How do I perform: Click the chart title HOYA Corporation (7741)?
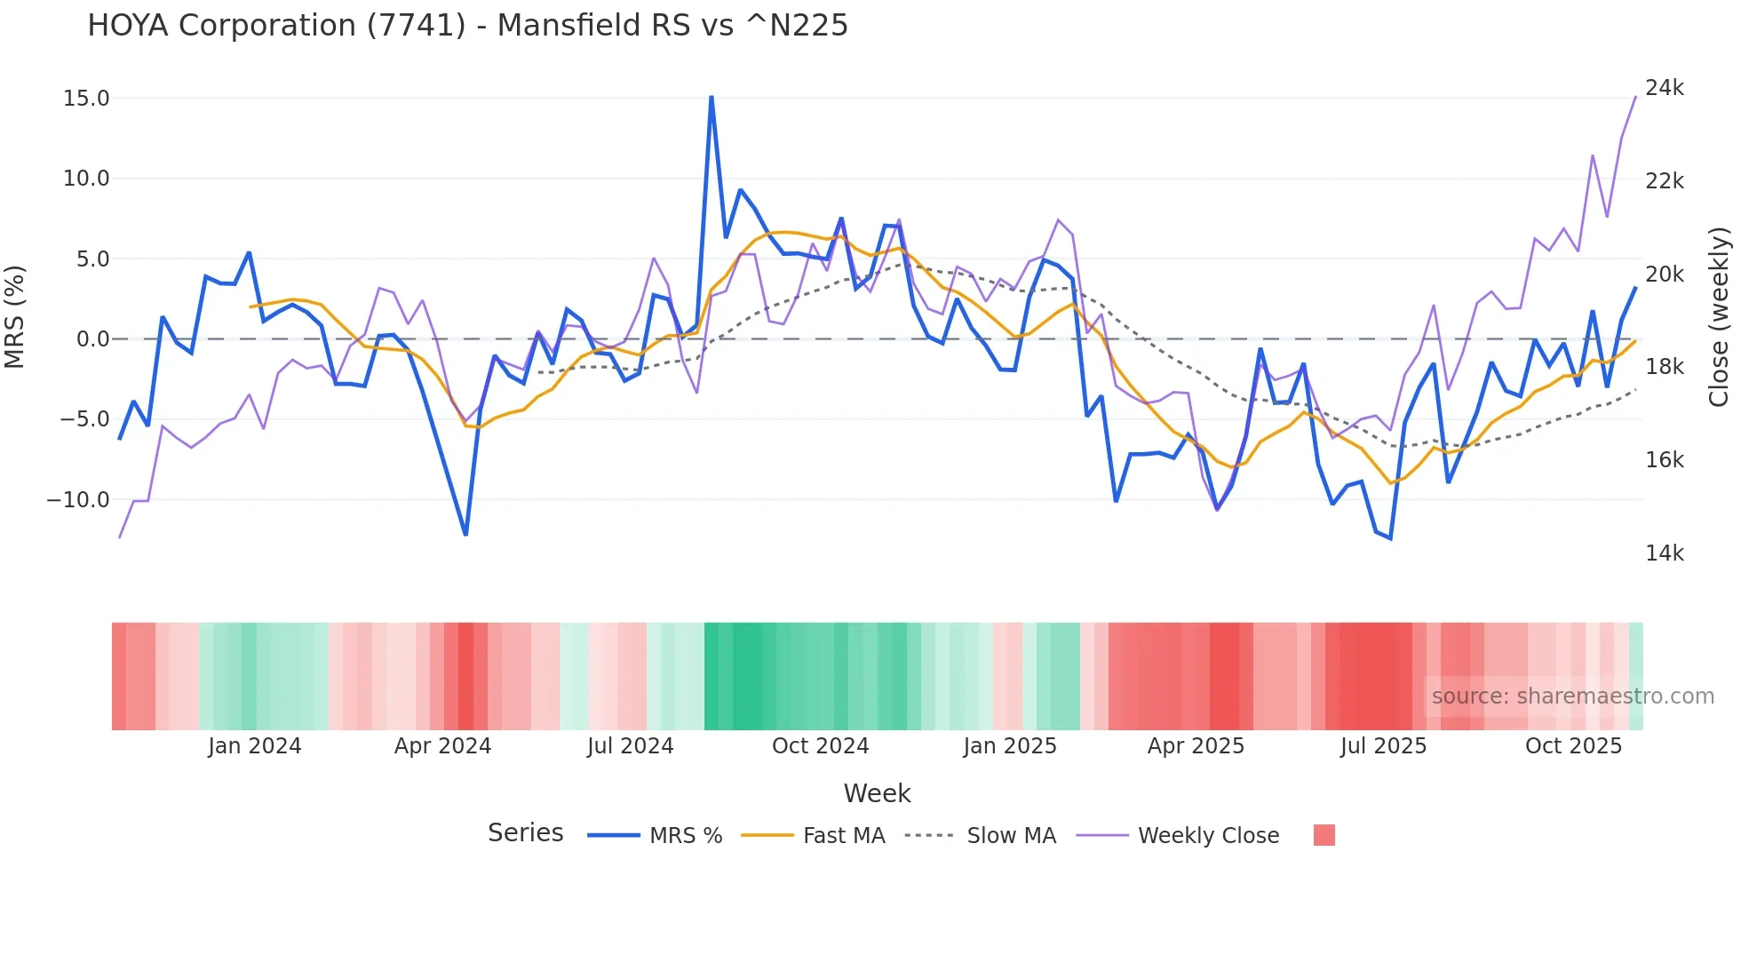click(467, 26)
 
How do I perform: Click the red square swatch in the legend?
click(1324, 835)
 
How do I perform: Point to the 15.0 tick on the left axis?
click(86, 99)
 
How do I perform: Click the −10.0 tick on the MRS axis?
click(78, 500)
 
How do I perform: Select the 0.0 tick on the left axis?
click(92, 339)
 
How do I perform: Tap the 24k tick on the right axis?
click(1664, 88)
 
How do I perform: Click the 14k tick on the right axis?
click(1664, 553)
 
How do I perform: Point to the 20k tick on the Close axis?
click(1664, 275)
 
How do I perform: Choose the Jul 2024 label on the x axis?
click(630, 746)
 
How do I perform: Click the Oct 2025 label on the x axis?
click(1573, 746)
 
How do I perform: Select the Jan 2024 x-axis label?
click(254, 746)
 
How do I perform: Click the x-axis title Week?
click(877, 793)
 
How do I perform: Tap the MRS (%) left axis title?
click(15, 316)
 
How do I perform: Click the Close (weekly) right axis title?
click(1719, 316)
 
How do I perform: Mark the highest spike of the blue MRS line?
click(712, 97)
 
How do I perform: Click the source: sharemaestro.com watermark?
click(1572, 696)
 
